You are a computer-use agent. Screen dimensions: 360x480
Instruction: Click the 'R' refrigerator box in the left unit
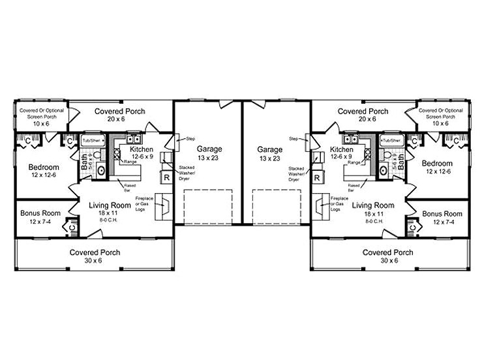click(166, 177)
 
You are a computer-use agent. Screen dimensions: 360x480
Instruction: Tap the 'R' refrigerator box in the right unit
click(317, 177)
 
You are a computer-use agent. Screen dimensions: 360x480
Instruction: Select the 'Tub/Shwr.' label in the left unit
click(92, 141)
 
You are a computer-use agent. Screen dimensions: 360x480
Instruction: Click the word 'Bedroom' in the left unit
click(44, 167)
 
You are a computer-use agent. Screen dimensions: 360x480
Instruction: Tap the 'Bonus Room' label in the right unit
click(442, 213)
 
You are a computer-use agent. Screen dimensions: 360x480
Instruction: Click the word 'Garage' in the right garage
click(269, 149)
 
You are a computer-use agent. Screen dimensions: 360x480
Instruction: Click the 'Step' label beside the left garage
click(190, 139)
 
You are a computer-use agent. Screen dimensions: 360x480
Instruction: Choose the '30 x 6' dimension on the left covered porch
click(95, 262)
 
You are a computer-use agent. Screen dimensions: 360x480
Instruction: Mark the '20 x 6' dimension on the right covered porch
click(363, 120)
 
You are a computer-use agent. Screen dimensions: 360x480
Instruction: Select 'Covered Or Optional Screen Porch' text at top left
click(41, 116)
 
